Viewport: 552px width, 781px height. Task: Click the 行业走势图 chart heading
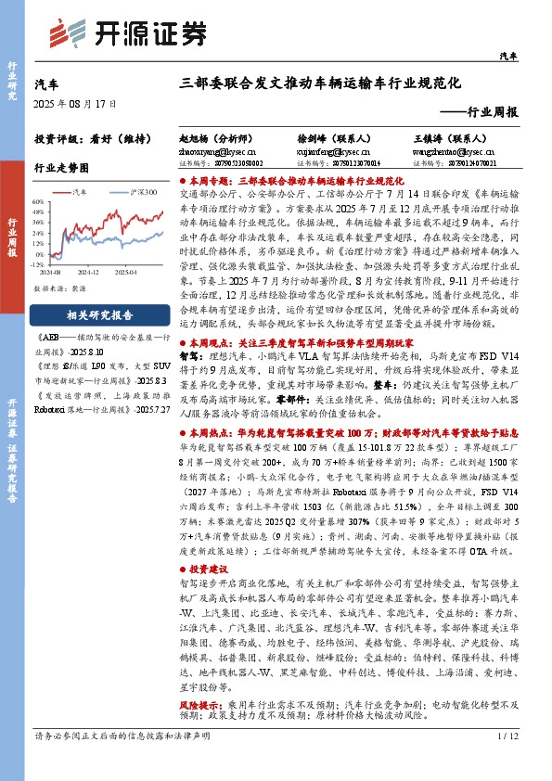pyautogui.click(x=61, y=170)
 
